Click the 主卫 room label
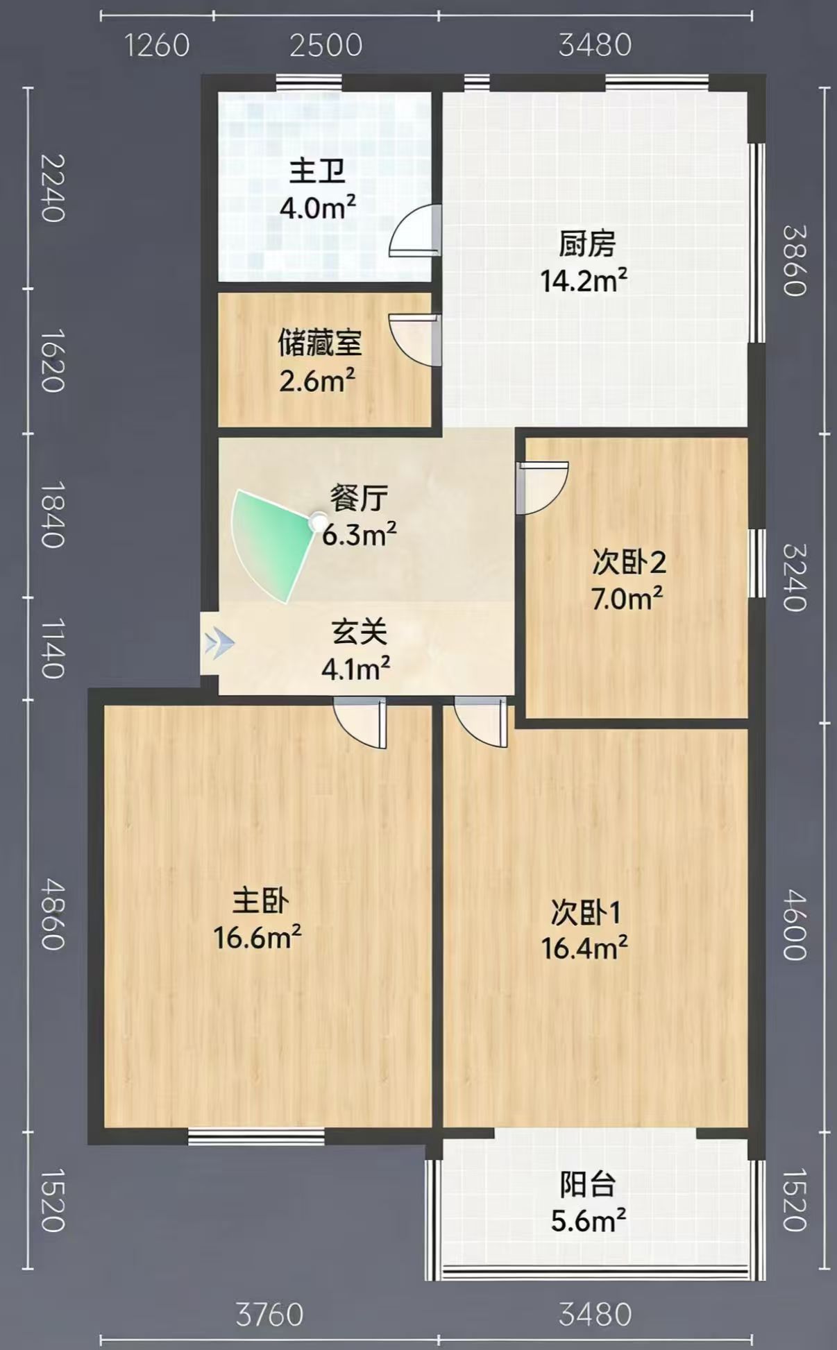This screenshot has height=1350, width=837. click(317, 171)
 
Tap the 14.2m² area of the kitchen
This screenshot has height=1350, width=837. click(584, 281)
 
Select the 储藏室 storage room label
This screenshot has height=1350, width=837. click(320, 343)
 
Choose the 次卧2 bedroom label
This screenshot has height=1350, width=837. click(629, 562)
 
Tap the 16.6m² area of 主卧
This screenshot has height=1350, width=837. click(257, 938)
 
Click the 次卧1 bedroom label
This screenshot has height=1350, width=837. click(586, 913)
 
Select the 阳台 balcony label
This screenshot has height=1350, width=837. click(588, 1185)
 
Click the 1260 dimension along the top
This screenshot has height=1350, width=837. click(157, 46)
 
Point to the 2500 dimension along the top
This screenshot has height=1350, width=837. click(326, 46)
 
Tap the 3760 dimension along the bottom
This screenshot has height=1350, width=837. click(270, 1315)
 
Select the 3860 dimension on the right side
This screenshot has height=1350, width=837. click(795, 260)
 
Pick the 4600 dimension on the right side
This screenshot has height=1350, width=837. click(795, 925)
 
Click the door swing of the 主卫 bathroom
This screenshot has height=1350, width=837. click(415, 230)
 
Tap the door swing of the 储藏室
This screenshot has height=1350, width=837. click(415, 340)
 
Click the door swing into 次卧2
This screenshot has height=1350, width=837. click(543, 488)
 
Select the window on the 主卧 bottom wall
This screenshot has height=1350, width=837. click(256, 1136)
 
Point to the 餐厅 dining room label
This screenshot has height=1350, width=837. click(358, 498)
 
